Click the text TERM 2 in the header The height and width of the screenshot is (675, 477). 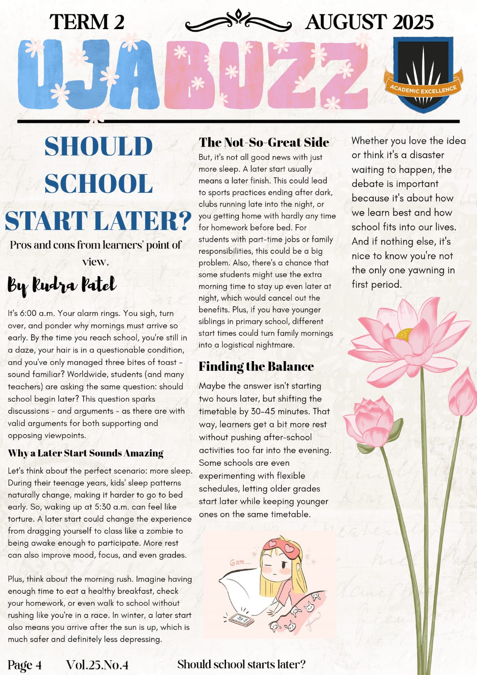point(87,22)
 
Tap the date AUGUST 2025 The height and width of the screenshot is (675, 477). point(369,22)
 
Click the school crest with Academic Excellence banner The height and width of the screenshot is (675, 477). point(423,74)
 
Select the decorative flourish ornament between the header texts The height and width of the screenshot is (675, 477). point(238,21)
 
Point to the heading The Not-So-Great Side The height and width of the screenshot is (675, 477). point(264,142)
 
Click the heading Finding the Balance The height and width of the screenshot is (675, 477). point(256,366)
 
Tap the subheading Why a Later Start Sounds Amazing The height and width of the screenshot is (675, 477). point(86,453)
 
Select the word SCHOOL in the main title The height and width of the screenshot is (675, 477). point(98,184)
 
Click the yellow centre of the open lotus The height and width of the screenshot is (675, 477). point(406,334)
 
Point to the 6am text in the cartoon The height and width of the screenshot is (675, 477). point(240,562)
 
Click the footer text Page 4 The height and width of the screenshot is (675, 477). point(24,665)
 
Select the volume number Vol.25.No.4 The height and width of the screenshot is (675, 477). point(97,665)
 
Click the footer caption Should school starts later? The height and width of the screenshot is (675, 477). point(241,664)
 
